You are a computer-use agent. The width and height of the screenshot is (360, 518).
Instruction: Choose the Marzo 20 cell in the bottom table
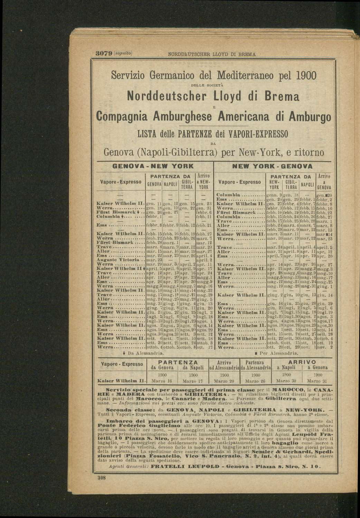click(225, 381)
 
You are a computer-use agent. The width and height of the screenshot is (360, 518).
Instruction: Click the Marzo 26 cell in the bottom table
click(255, 381)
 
